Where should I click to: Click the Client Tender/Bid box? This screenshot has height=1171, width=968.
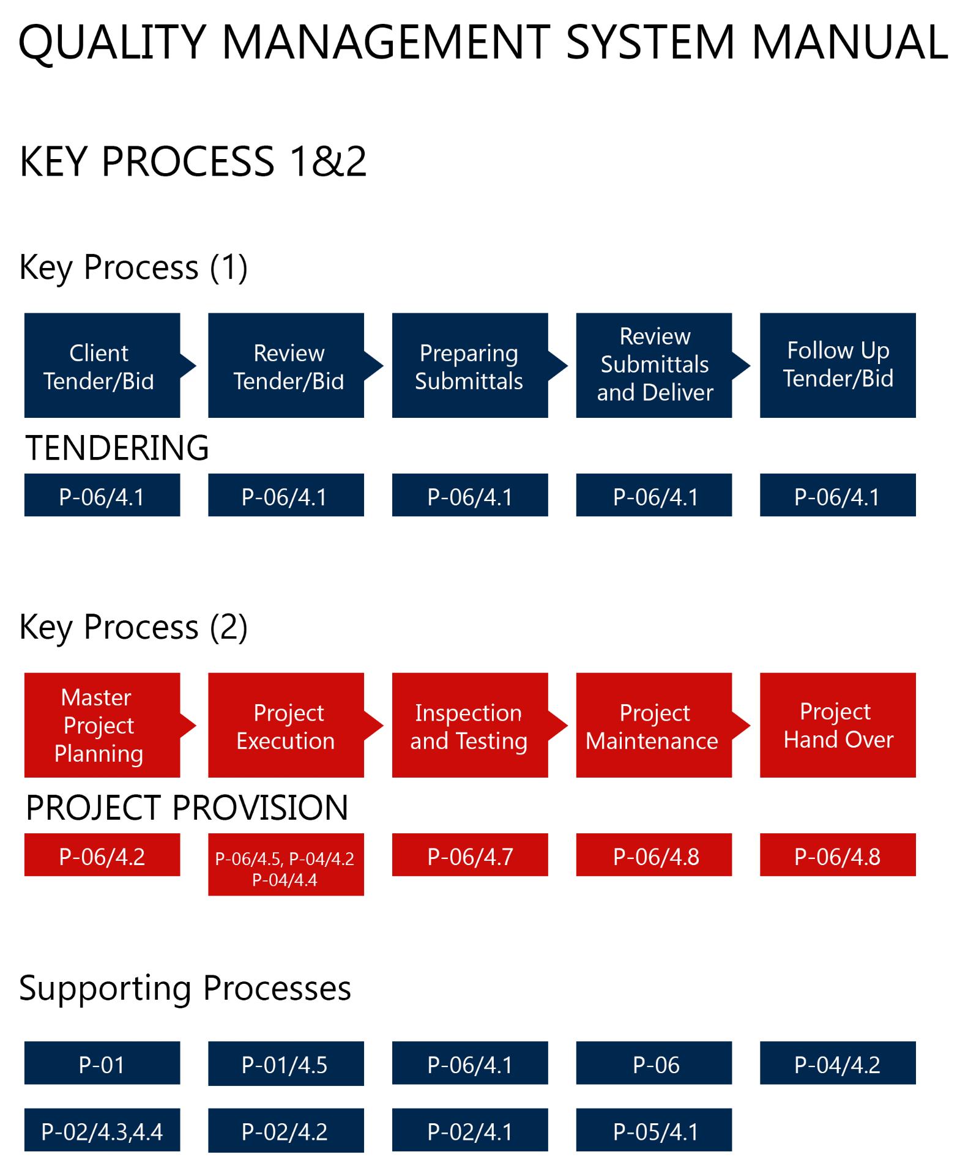(102, 365)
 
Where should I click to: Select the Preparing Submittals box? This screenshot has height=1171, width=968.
(470, 365)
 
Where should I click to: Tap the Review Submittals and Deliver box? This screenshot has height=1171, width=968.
(654, 365)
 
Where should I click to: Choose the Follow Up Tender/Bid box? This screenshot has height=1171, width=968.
(838, 365)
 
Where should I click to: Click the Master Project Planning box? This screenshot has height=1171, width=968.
(102, 725)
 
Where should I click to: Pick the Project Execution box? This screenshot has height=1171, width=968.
(286, 725)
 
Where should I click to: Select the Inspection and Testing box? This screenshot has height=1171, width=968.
(470, 725)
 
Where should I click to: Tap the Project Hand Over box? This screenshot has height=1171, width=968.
(838, 725)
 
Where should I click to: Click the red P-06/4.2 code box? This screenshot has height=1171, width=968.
(102, 855)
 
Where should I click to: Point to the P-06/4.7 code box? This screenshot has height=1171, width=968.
(470, 855)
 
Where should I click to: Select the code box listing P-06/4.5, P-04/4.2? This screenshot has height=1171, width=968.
(286, 864)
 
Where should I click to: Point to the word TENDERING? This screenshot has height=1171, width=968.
(117, 447)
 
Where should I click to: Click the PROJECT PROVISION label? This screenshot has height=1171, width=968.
(187, 807)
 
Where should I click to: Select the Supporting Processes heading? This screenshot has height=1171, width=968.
(185, 989)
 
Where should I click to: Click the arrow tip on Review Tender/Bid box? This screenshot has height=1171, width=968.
(383, 366)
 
